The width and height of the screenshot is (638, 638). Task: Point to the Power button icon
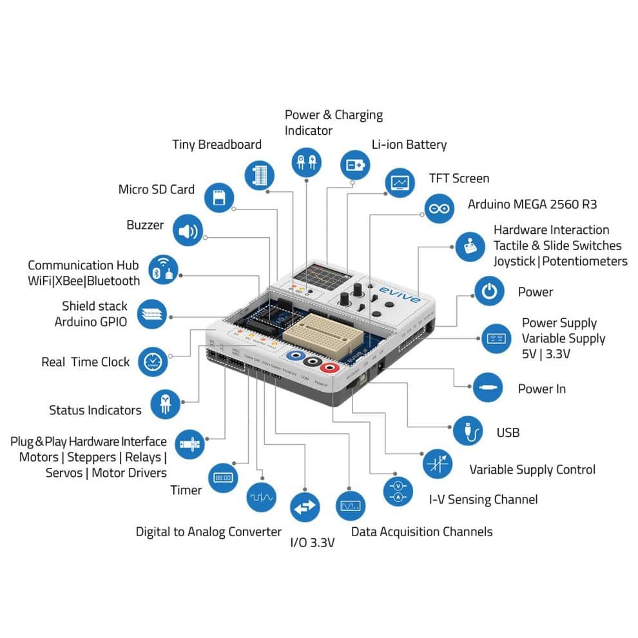(x=490, y=291)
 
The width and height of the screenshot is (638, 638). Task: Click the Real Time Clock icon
(x=153, y=362)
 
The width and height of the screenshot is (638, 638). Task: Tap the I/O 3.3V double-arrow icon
(x=305, y=508)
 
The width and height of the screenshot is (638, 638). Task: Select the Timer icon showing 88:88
(x=223, y=478)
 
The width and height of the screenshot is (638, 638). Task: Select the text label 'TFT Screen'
(x=459, y=179)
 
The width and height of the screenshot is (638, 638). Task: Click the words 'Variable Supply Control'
(x=532, y=469)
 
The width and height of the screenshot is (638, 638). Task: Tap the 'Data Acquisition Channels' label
(x=421, y=532)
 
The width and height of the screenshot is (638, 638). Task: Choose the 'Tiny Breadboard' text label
(x=217, y=144)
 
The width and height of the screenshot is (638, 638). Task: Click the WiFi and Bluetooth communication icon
(x=162, y=269)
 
